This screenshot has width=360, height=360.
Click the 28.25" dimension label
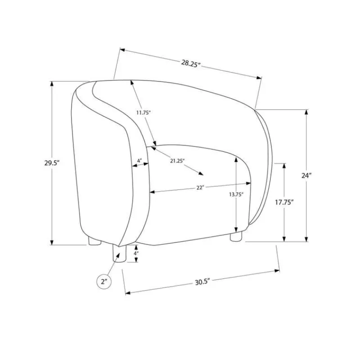tap(191, 63)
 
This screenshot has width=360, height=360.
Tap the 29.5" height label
tap(52, 163)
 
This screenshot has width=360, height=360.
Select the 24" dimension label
tap(306, 175)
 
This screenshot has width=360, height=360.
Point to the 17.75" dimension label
tap(284, 202)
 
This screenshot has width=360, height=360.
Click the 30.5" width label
tap(202, 282)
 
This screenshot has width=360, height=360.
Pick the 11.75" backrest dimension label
tap(143, 113)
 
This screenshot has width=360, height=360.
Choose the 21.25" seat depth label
tap(177, 161)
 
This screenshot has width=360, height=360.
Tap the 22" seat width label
tap(200, 188)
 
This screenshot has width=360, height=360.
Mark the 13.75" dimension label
tap(236, 194)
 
